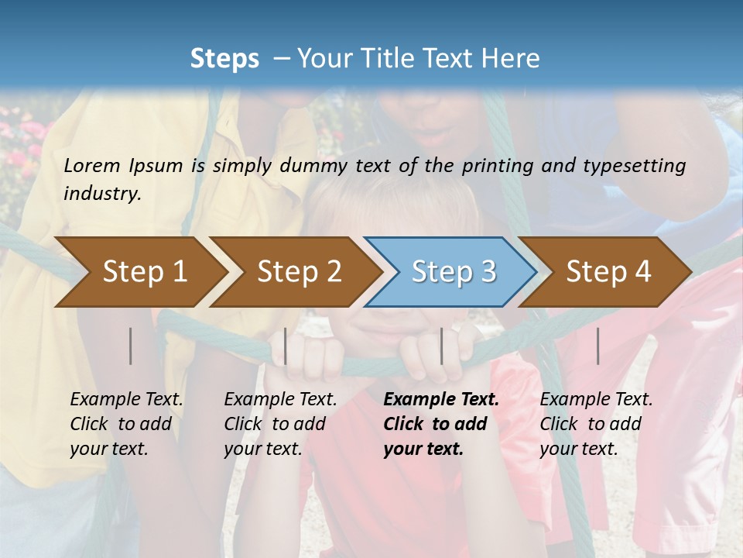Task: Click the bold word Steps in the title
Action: [224, 59]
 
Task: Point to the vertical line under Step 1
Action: [131, 346]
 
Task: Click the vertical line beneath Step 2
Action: [286, 346]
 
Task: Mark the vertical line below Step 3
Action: [442, 346]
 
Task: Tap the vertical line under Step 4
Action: [598, 346]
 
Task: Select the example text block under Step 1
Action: [125, 424]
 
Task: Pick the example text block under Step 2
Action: [279, 424]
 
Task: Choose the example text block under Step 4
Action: [595, 424]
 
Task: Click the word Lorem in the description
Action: [92, 165]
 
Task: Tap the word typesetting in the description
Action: [638, 165]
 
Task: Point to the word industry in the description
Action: [101, 193]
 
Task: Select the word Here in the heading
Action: [515, 59]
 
